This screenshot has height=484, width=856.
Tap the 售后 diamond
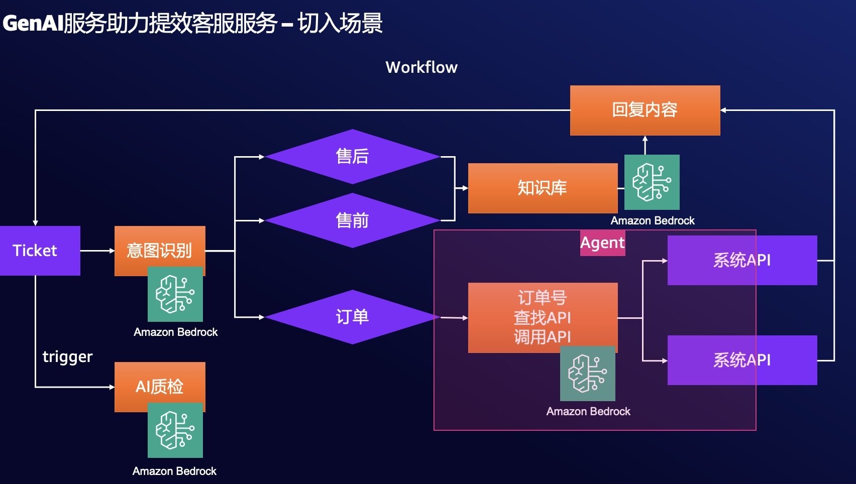coord(352,156)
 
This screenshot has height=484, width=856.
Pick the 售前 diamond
coord(352,220)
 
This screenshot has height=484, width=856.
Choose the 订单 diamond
coord(352,317)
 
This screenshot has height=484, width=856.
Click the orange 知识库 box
coord(543,188)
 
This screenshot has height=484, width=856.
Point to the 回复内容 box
coord(645,110)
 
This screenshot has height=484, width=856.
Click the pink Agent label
coord(602,243)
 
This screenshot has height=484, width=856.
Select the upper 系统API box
coord(742,260)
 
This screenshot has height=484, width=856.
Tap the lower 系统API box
coord(742,360)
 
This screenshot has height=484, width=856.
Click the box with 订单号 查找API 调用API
coord(543,317)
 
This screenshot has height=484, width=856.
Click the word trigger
coord(67,356)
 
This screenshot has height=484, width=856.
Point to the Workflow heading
coord(421,67)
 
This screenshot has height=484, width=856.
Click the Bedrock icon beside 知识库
coord(652,182)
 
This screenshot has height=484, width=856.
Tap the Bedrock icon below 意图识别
coord(175,295)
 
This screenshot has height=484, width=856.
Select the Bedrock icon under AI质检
coord(175,430)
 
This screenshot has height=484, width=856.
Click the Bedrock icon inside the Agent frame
coord(588,374)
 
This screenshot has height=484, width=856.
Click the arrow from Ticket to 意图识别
coord(97,251)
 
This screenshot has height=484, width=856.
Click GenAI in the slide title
coord(33,23)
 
